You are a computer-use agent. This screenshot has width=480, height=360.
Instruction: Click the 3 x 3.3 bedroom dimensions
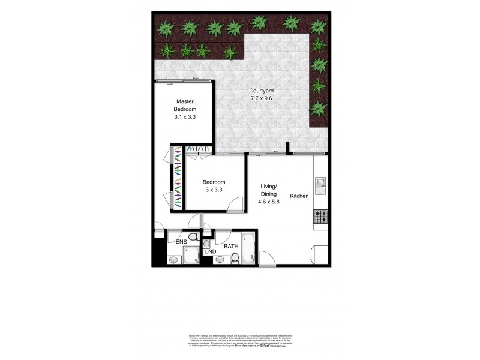(214, 190)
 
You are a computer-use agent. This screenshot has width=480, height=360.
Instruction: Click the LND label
(210, 251)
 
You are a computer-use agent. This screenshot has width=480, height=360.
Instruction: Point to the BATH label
(232, 246)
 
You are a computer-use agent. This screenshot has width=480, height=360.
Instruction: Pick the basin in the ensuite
(173, 260)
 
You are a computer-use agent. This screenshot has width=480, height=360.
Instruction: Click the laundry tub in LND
(206, 244)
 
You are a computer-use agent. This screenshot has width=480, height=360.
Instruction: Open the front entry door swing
(268, 259)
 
